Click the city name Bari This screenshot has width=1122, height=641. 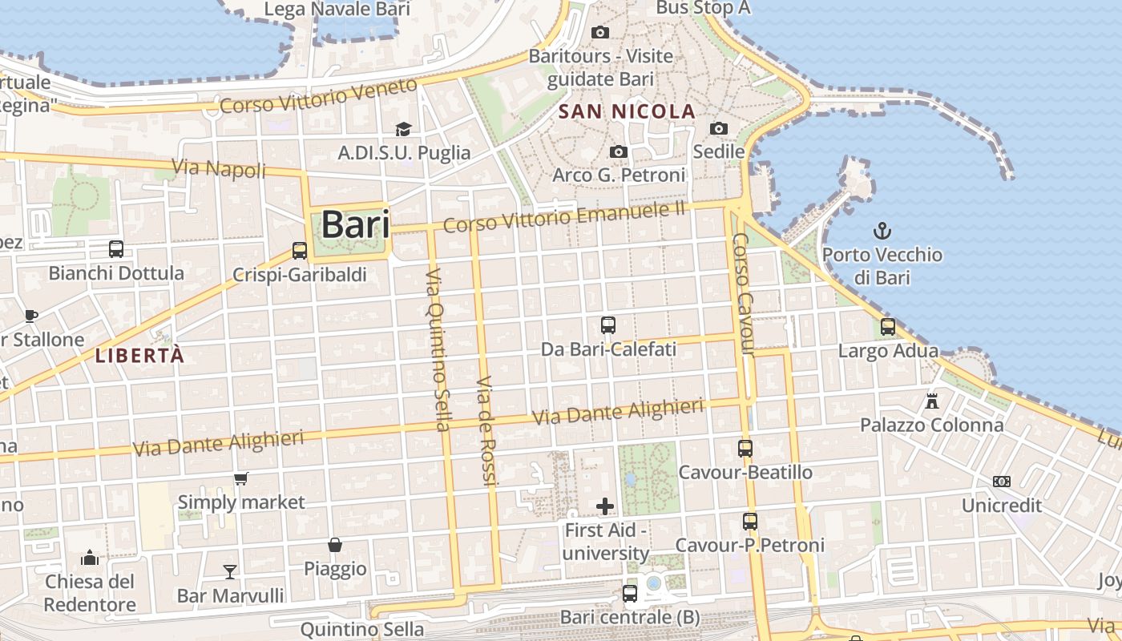point(355,225)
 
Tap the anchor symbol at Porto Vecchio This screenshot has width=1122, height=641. point(882,232)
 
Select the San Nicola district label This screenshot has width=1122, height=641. point(627,111)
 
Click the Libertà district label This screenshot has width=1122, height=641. point(140,355)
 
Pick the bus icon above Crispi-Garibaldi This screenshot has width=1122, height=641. point(300,251)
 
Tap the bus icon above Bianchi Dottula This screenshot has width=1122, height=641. point(116,249)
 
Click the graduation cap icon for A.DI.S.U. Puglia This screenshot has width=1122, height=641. point(403,129)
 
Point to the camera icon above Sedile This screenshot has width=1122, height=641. point(719,128)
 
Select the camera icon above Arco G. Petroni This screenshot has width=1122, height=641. point(618,151)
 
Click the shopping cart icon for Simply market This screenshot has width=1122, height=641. point(240,478)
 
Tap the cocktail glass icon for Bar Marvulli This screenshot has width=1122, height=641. point(230,571)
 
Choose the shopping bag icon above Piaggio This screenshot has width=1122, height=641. point(335,545)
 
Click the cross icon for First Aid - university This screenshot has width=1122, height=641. point(605,506)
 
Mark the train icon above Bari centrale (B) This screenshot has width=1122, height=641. point(630,594)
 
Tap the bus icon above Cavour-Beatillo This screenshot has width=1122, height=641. point(745,449)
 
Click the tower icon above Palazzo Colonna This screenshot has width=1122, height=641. point(931,400)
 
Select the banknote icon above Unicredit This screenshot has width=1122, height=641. point(1002,482)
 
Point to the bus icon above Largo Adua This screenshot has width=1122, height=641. point(888,327)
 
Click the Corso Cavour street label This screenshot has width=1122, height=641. point(744,293)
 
